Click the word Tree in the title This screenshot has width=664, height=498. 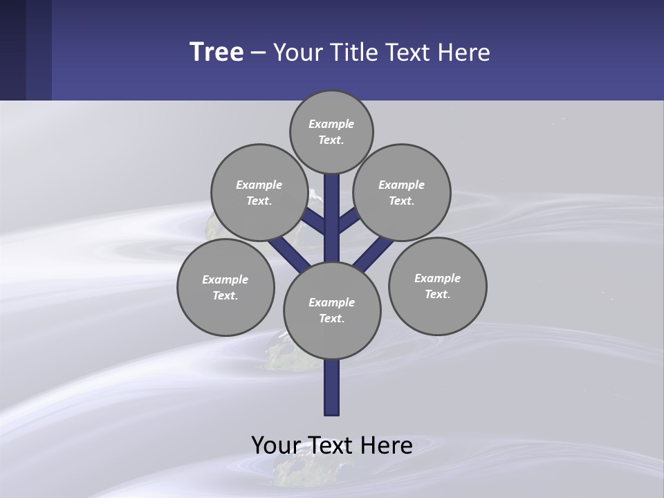pyautogui.click(x=216, y=52)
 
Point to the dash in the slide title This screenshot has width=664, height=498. pyautogui.click(x=258, y=53)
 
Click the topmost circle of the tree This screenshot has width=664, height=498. pyautogui.click(x=331, y=131)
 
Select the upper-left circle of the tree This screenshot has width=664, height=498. pyautogui.click(x=259, y=192)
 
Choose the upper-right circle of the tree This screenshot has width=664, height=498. pyautogui.click(x=402, y=192)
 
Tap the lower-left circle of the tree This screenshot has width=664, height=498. pyautogui.click(x=225, y=287)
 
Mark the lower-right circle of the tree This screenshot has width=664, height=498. pyautogui.click(x=437, y=286)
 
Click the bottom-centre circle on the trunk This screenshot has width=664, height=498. pyautogui.click(x=332, y=310)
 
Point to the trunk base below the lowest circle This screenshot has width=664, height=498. pyautogui.click(x=332, y=387)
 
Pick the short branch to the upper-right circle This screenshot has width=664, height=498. pyautogui.click(x=348, y=221)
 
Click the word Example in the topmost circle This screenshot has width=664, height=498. pyautogui.click(x=331, y=124)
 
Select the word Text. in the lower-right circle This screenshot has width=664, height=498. pyautogui.click(x=437, y=294)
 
